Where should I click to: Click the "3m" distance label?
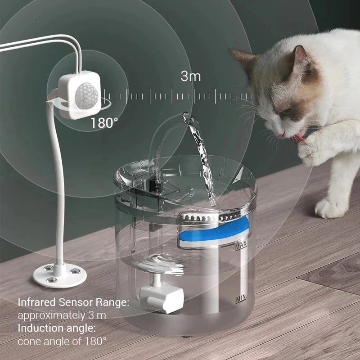click(x=190, y=76)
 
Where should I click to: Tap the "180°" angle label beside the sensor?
click(x=104, y=122)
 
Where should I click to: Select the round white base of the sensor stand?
click(x=59, y=274)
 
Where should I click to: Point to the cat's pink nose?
click(x=281, y=134)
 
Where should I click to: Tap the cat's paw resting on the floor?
click(x=331, y=208)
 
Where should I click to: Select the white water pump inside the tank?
click(x=161, y=297)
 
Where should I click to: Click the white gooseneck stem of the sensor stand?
click(x=57, y=180)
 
